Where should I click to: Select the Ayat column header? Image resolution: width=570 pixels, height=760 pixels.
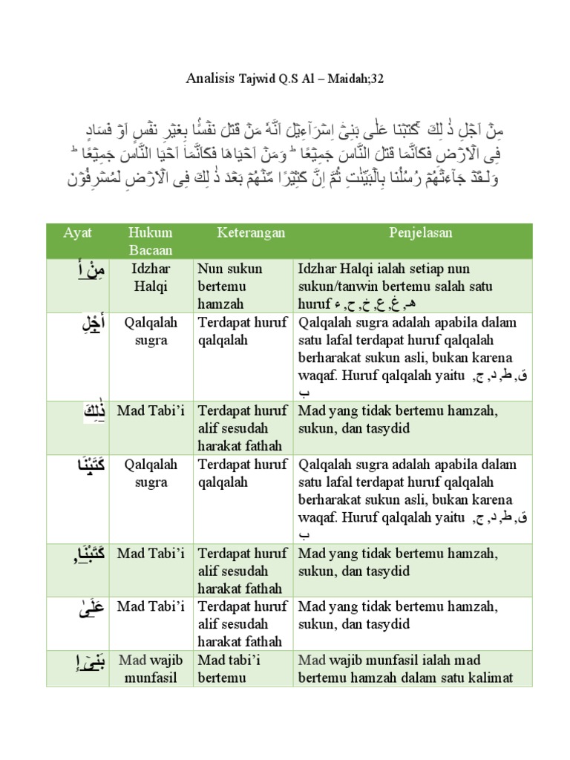(78, 233)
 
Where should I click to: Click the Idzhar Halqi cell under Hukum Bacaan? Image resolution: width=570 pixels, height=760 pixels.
(150, 277)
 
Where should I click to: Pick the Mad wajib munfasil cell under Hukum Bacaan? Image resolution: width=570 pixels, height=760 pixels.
(150, 668)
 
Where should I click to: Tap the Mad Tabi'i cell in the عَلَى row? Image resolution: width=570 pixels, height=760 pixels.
(150, 607)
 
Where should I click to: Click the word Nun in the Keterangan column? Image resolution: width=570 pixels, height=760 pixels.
(210, 269)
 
